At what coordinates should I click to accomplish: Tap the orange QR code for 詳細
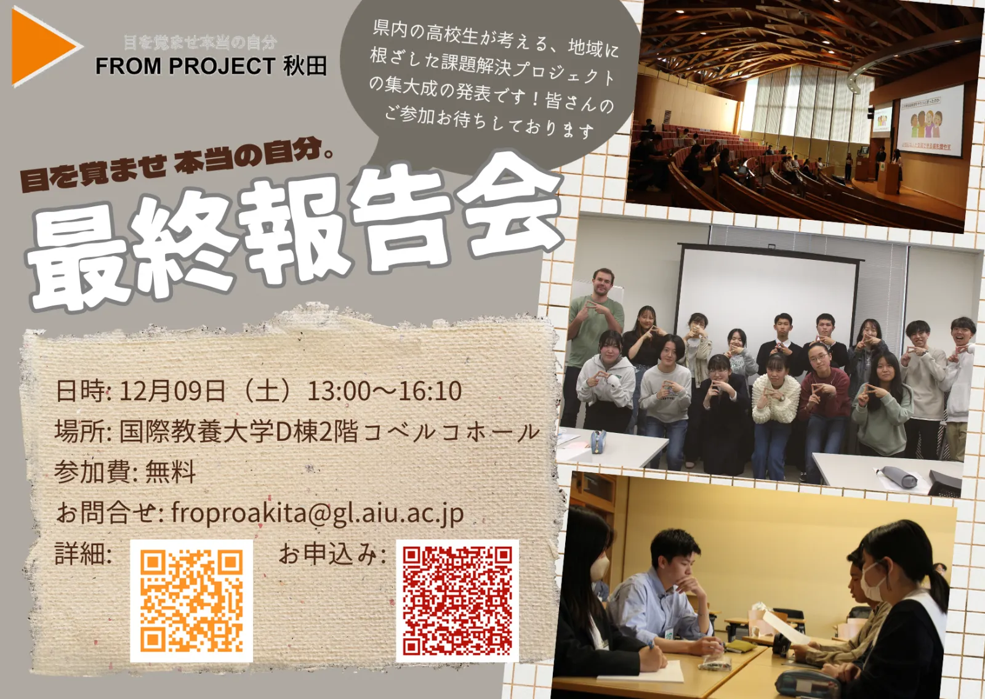(191, 601)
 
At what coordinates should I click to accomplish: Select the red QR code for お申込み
(457, 601)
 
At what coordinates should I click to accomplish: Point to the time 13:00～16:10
(384, 391)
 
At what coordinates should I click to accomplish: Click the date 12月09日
(172, 391)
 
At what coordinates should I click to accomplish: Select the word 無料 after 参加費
(170, 472)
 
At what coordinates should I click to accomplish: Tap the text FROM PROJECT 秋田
(212, 67)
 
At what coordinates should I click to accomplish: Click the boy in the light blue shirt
(664, 603)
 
